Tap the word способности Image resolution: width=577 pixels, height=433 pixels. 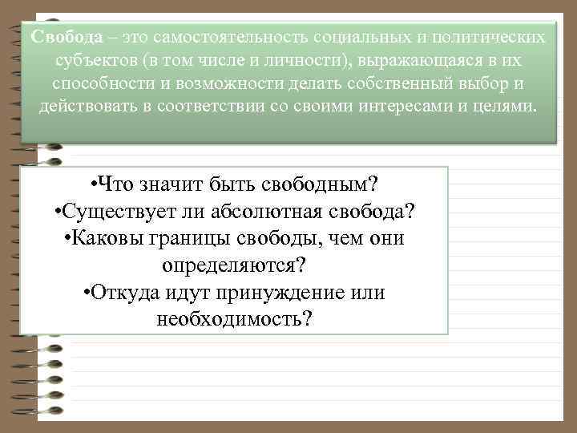tap(99, 84)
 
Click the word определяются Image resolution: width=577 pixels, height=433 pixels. tap(234, 265)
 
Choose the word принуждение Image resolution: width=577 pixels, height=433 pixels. tap(292, 293)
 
